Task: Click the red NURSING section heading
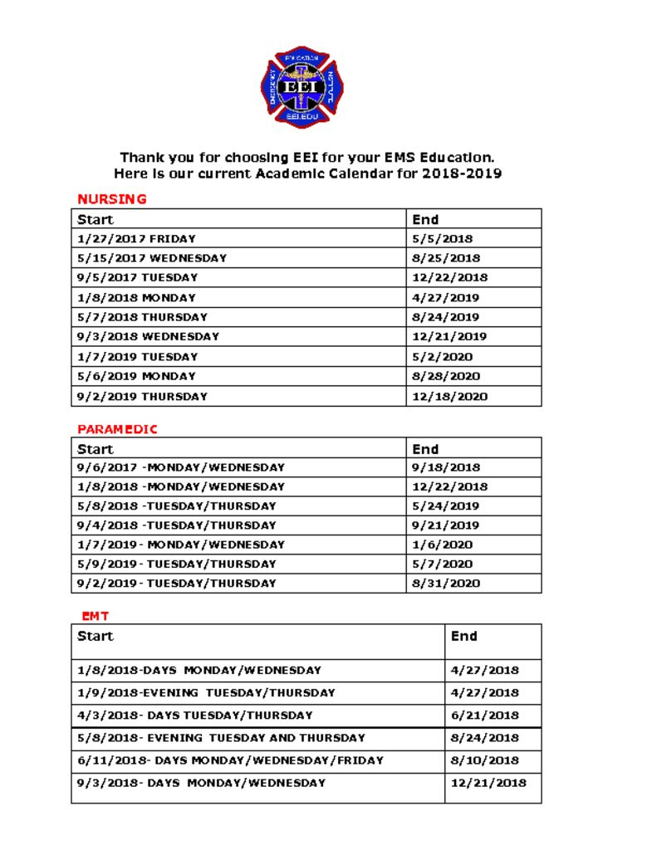pos(111,199)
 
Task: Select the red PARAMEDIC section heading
pos(117,429)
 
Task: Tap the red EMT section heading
pos(95,616)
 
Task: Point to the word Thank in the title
pos(142,157)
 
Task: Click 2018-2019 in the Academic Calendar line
pos(461,174)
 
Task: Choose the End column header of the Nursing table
pos(425,220)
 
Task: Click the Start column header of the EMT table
pos(96,637)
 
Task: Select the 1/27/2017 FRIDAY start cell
pos(136,239)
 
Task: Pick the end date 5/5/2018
pos(442,239)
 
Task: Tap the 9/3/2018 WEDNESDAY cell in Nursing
pos(148,337)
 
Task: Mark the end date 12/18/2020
pos(449,396)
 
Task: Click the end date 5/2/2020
pos(442,357)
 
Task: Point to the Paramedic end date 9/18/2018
pos(446,467)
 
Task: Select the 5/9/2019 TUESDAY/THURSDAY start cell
pos(176,564)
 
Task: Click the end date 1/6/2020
pos(442,545)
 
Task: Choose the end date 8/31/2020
pos(446,584)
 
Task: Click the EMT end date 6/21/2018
pos(484,715)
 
